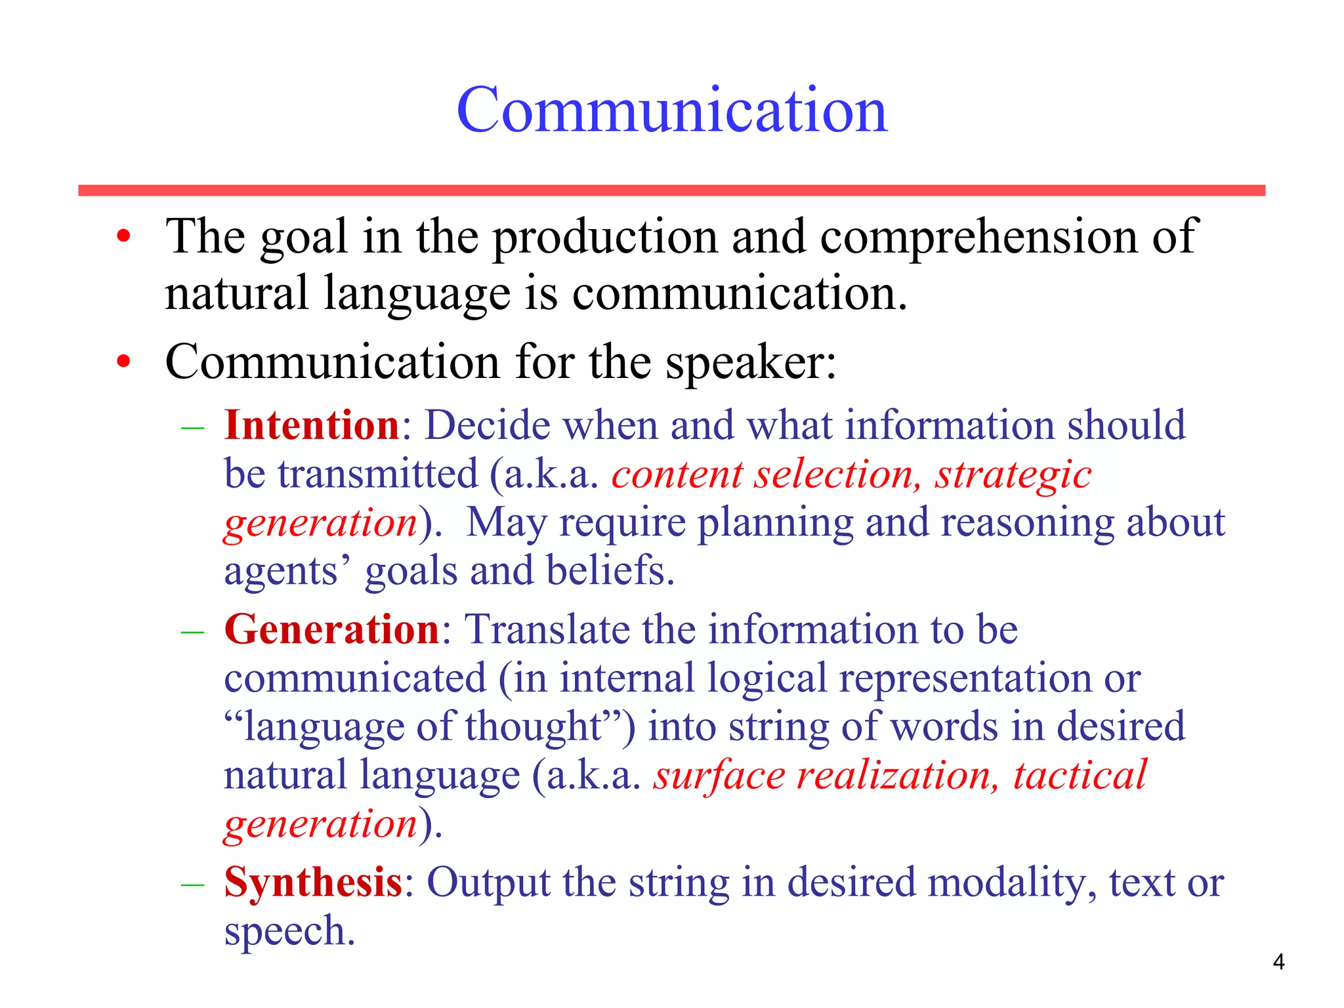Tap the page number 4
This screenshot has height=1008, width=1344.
click(x=1278, y=962)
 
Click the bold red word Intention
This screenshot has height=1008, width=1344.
click(x=312, y=425)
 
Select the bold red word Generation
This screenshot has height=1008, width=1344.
click(x=331, y=629)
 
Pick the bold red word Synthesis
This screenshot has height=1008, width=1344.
click(x=313, y=882)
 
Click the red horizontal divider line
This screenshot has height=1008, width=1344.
click(x=671, y=190)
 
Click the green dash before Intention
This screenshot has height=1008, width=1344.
click(x=192, y=428)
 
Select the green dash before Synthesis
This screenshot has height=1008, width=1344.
click(x=192, y=885)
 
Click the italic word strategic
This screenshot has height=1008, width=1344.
click(x=1013, y=475)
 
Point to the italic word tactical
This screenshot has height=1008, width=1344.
click(x=1080, y=776)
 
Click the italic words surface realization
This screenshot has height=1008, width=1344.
click(x=826, y=776)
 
